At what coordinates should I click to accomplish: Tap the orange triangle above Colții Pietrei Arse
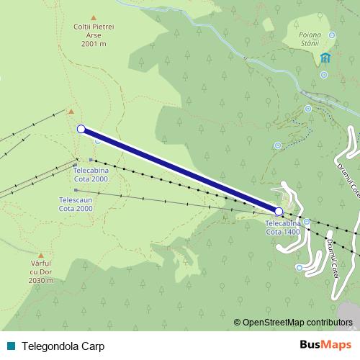94,17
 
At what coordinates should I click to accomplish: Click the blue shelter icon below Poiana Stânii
325,58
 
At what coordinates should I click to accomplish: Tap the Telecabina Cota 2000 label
91,175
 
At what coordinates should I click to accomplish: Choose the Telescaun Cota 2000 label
76,204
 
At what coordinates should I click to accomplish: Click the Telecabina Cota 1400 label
283,228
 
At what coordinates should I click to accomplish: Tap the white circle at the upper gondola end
81,129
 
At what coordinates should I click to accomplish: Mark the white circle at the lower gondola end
279,211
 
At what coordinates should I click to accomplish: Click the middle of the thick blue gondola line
180,170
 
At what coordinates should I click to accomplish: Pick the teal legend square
12,346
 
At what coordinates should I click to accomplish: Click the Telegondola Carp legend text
63,346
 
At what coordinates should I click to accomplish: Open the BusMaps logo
325,345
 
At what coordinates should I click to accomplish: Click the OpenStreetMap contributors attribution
297,322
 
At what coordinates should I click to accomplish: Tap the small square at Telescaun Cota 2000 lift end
75,190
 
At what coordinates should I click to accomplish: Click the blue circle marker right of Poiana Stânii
333,35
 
